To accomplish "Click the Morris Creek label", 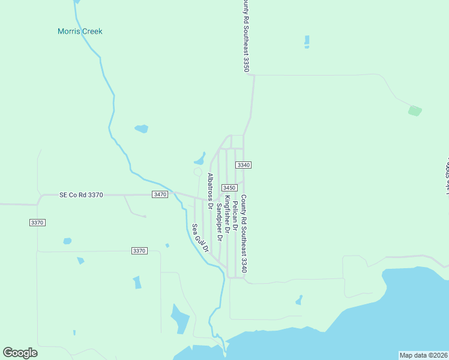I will click(x=80, y=31).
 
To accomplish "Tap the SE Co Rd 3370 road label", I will click(x=82, y=195).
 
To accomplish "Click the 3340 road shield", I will click(x=243, y=165).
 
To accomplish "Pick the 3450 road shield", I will click(x=229, y=188).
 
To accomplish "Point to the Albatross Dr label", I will click(x=210, y=191).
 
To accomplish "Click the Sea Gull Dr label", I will click(x=199, y=238).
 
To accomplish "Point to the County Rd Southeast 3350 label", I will click(x=246, y=36).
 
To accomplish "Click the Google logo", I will click(x=20, y=353).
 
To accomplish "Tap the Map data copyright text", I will click(x=423, y=355).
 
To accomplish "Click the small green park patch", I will click(x=415, y=111).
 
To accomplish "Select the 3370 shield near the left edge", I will click(x=37, y=223).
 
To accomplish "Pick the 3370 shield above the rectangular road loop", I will click(x=139, y=251).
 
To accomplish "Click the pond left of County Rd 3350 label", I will click(x=142, y=128).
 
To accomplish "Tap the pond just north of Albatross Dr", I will click(x=199, y=160).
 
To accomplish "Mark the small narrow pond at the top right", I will click(x=307, y=41).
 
